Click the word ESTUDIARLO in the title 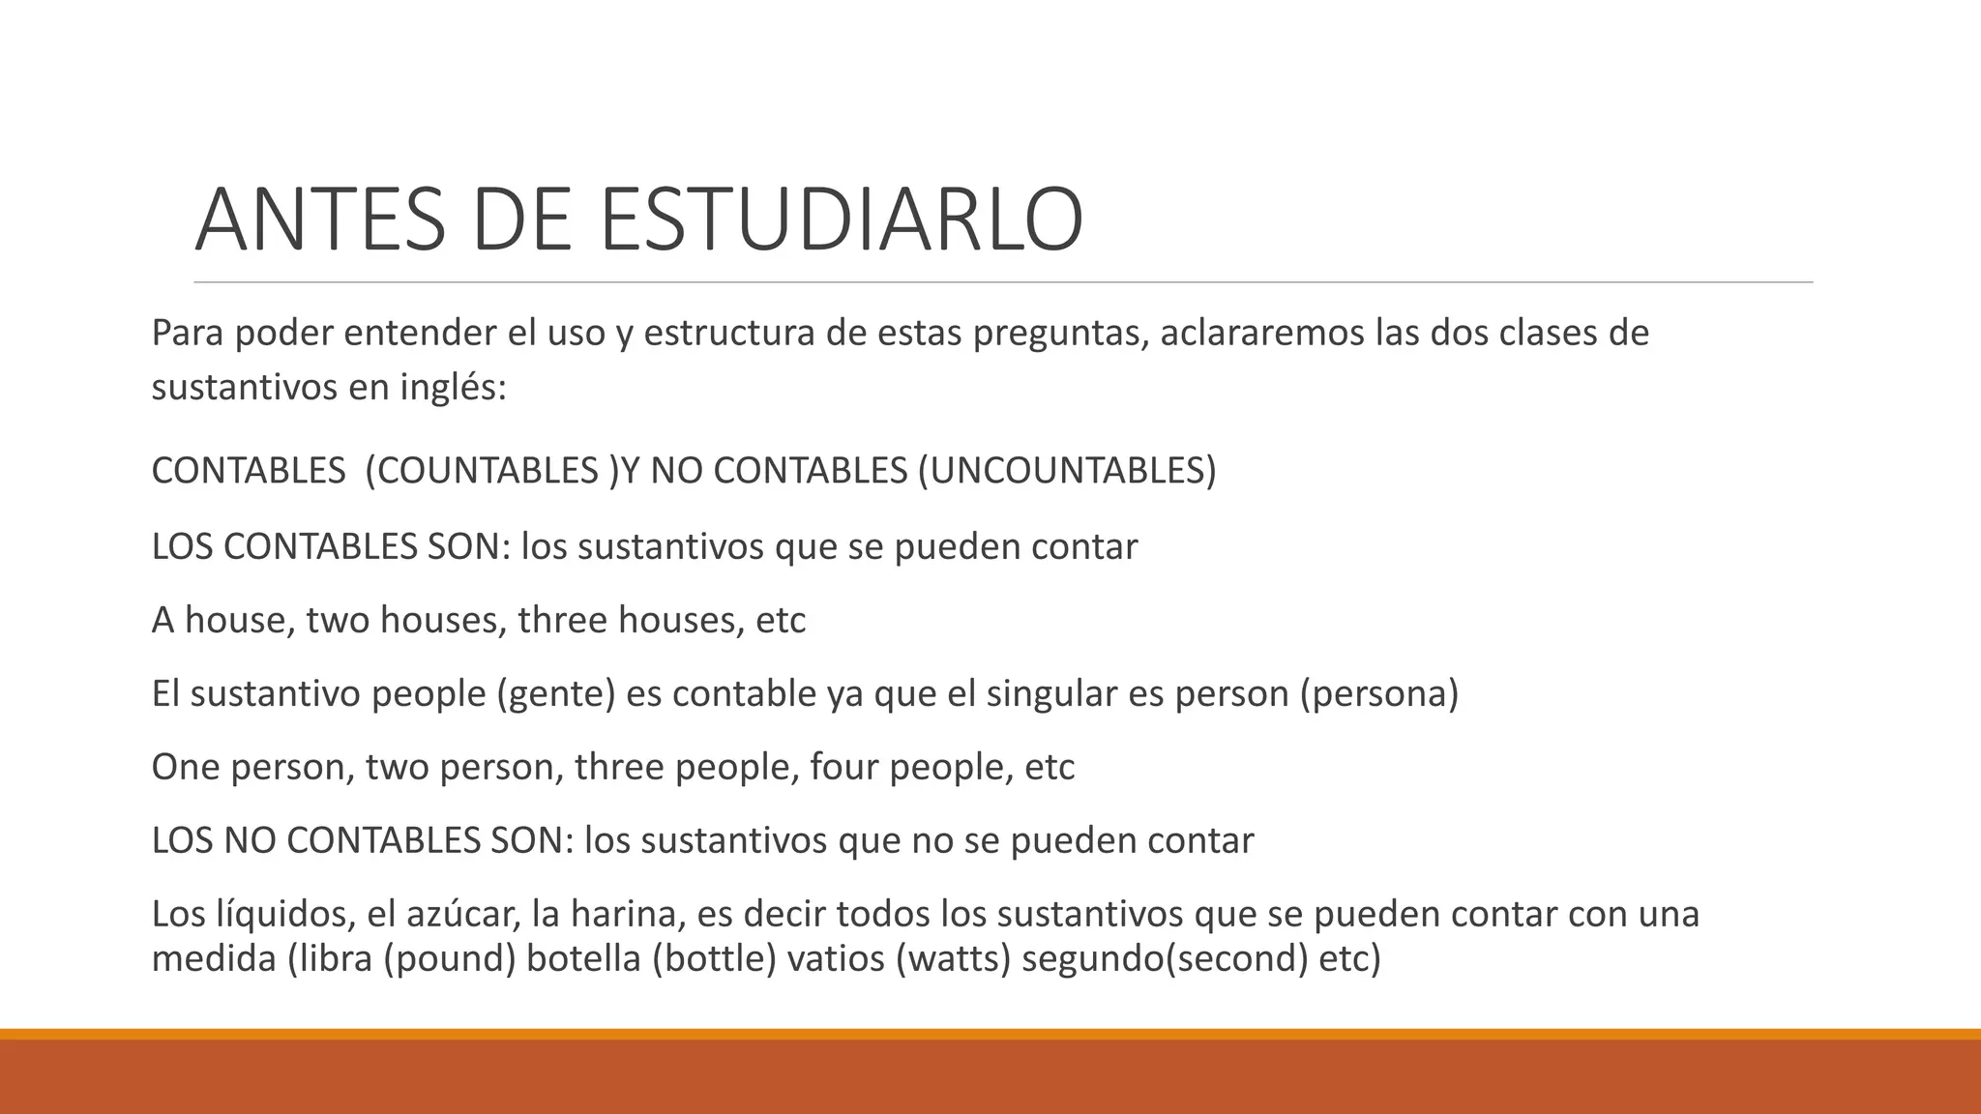click(842, 220)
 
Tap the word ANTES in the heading click(320, 220)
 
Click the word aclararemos click(1261, 333)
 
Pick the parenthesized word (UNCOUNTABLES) click(1067, 471)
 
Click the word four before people click(843, 768)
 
